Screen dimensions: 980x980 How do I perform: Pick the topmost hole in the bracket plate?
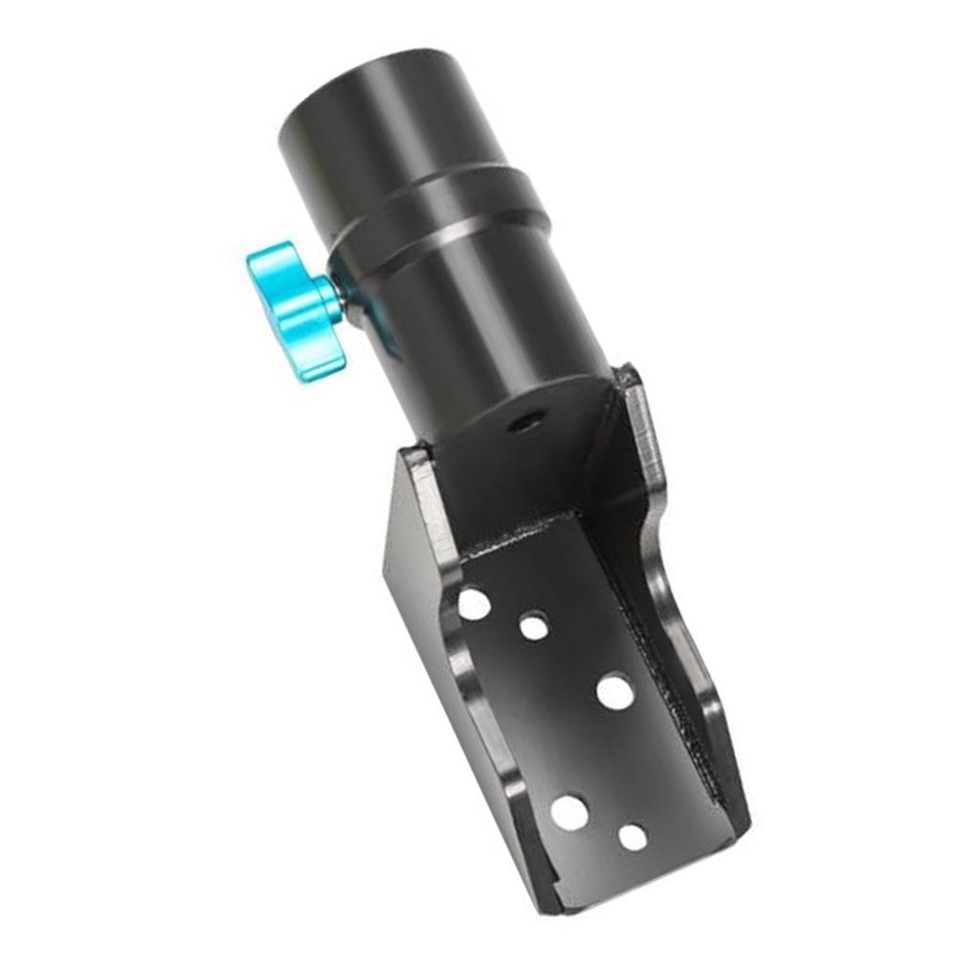click(473, 603)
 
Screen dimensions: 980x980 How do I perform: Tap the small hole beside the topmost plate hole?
click(534, 628)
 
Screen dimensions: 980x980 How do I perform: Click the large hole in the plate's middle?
click(614, 691)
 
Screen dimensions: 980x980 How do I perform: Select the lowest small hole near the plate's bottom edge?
click(633, 837)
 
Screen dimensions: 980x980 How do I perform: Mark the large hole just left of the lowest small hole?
click(568, 813)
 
